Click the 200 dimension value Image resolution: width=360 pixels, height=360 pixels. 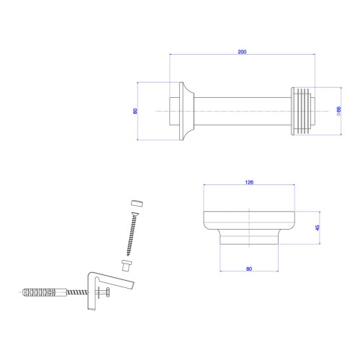point(242,52)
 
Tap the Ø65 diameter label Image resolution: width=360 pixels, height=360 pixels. point(338,111)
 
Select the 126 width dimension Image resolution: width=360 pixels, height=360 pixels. point(249,182)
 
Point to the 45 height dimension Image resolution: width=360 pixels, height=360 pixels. point(318,228)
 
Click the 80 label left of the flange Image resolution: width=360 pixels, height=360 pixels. point(135,111)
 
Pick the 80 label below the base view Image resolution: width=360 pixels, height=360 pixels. point(249,269)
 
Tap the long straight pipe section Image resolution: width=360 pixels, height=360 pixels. point(243,111)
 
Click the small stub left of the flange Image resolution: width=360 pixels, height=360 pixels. point(174,111)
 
